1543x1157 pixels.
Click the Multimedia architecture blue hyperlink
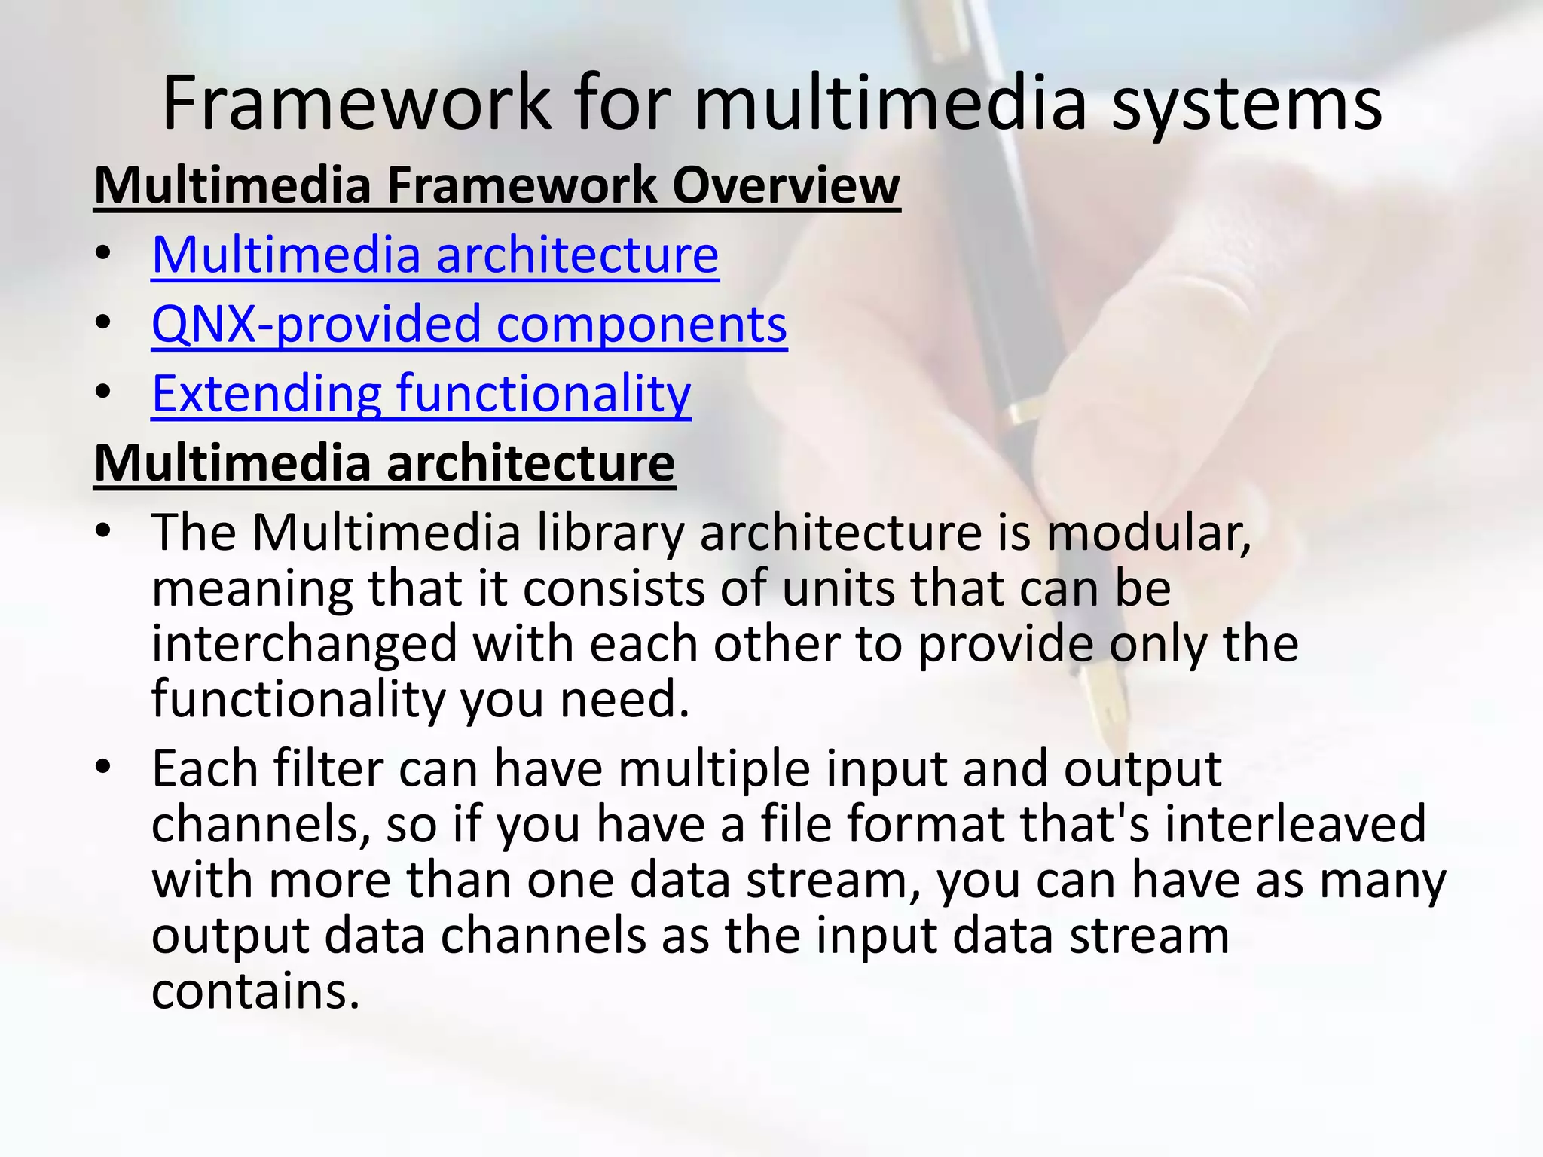(x=435, y=255)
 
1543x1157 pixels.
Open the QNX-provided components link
(x=469, y=324)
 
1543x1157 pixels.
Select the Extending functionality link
(x=421, y=393)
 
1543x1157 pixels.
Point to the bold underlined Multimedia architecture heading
(x=384, y=462)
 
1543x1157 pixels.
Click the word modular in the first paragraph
(x=1148, y=533)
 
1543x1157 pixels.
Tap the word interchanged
(x=304, y=644)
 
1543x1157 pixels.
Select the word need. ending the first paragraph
(x=625, y=699)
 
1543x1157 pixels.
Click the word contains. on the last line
(x=255, y=991)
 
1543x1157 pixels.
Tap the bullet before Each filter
(x=103, y=768)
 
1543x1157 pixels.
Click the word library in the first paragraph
(x=610, y=533)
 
